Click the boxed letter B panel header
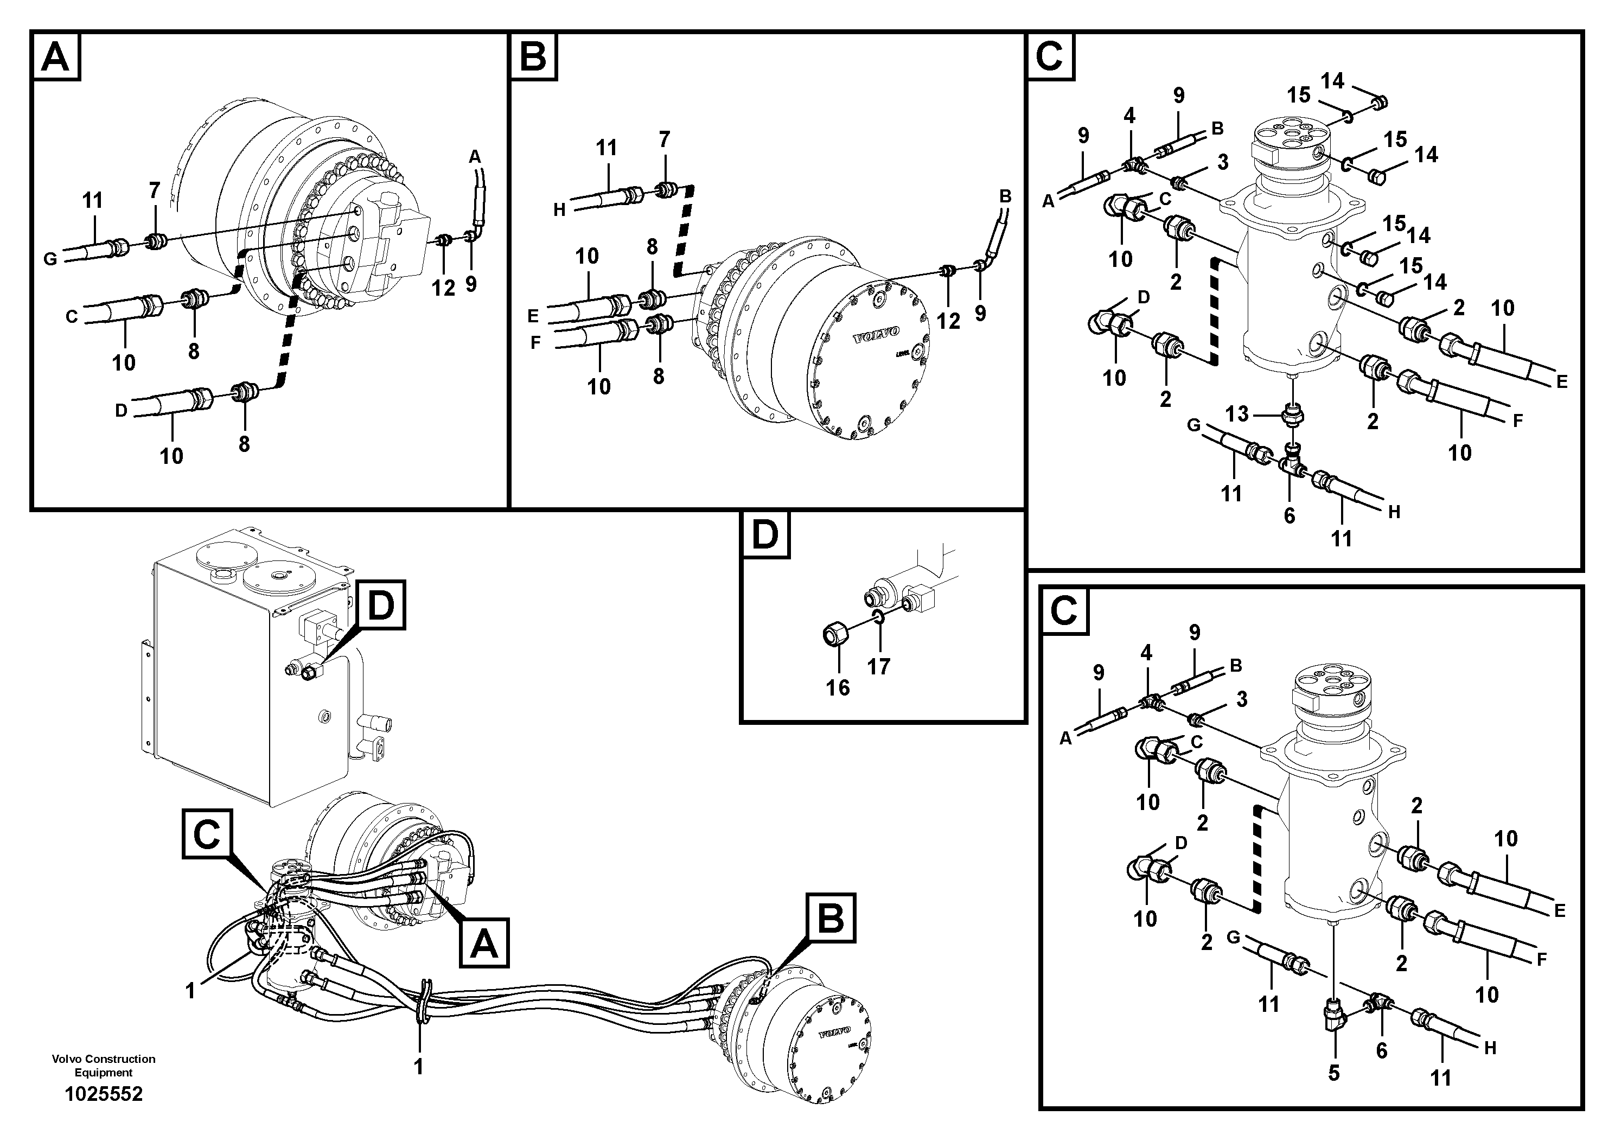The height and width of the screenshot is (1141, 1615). coord(534,58)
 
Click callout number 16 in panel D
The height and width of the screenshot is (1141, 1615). coord(838,687)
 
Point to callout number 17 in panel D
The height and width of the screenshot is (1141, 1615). coord(878,666)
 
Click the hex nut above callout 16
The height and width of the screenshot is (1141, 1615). coord(835,636)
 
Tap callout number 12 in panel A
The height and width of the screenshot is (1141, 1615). coord(443,287)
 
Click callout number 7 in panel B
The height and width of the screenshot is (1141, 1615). coord(664,139)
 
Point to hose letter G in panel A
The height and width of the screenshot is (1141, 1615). coord(50,259)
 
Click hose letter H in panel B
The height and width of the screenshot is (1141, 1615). coord(559,209)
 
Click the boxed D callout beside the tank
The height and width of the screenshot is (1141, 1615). coord(380,605)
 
